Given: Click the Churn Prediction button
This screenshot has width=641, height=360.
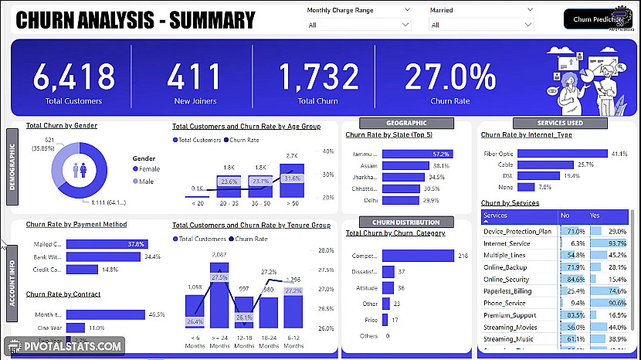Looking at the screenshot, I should click(x=598, y=19).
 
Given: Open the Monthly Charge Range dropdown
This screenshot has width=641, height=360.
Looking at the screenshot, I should click(x=358, y=25).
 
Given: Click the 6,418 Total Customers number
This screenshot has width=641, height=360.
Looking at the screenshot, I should click(x=74, y=76).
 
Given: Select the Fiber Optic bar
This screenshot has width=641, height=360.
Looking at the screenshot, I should click(x=563, y=154).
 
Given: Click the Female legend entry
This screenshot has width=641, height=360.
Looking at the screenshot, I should click(x=146, y=168).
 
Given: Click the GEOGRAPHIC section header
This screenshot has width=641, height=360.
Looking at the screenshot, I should click(x=405, y=123).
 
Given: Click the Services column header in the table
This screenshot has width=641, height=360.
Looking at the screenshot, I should click(x=496, y=216).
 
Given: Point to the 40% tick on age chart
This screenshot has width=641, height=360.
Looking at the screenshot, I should click(x=327, y=152).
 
